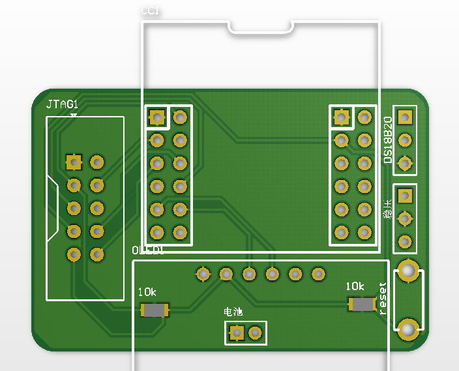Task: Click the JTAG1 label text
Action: [x=62, y=104]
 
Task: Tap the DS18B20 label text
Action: [x=387, y=140]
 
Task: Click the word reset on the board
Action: [x=383, y=298]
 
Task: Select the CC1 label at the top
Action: [x=150, y=11]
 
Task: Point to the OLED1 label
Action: [x=148, y=250]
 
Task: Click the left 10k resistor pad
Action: [x=155, y=310]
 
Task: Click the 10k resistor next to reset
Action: [x=362, y=304]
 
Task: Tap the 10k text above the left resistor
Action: [x=147, y=292]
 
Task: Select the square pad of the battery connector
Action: [x=237, y=333]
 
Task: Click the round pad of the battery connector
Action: [x=255, y=333]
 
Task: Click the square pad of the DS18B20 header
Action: [x=405, y=117]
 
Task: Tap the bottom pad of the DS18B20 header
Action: [x=405, y=163]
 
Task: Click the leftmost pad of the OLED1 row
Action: [x=203, y=274]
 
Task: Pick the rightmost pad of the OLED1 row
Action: [x=318, y=274]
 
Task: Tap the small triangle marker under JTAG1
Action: [x=73, y=115]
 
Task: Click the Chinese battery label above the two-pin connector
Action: [x=233, y=312]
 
